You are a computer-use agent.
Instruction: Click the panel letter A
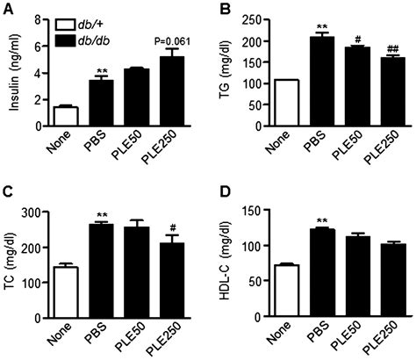[x=8, y=8]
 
